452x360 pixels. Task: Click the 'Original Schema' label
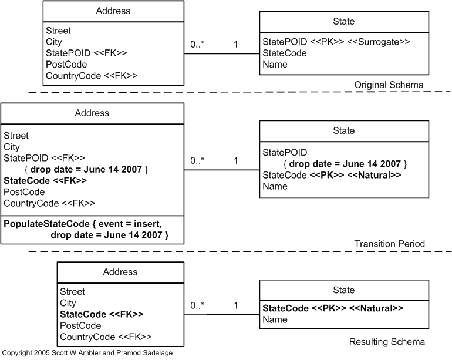389,85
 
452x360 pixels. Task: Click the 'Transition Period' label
389,244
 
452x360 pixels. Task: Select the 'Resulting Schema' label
387,342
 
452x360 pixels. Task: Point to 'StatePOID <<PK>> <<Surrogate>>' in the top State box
336,42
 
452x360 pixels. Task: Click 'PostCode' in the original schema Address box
66,64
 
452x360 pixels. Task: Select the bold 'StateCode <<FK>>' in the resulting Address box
102,314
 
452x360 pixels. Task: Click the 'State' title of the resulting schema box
343,290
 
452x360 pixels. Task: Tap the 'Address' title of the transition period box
92,113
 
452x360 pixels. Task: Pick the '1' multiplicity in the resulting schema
236,305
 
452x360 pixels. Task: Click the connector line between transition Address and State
222,170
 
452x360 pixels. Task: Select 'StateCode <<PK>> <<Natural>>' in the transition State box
332,175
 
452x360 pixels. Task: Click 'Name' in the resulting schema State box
275,319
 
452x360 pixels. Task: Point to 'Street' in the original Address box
58,31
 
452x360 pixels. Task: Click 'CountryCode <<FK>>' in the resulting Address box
106,337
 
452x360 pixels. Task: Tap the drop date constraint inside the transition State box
345,164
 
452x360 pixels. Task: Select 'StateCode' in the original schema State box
285,53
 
